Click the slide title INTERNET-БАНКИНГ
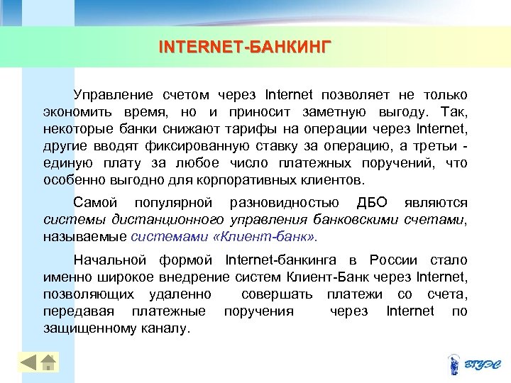click(x=245, y=48)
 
